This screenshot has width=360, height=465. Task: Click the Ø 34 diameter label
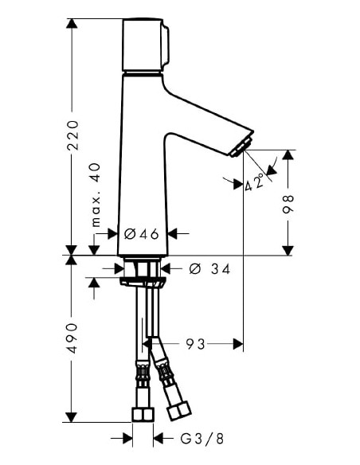click(x=210, y=270)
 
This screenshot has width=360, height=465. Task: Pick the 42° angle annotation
click(x=256, y=184)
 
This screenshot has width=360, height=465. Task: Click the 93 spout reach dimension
click(x=196, y=344)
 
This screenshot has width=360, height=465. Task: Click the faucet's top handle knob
click(x=145, y=46)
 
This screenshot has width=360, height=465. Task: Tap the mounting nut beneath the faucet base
click(x=143, y=279)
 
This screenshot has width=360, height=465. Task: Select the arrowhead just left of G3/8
click(x=127, y=438)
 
